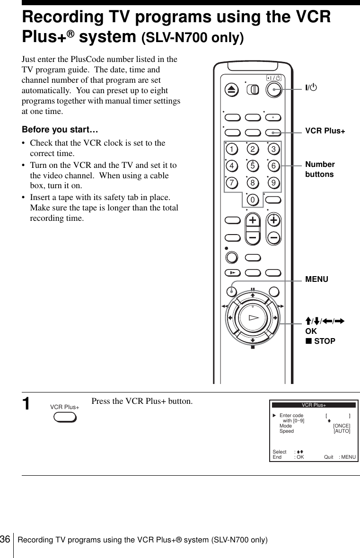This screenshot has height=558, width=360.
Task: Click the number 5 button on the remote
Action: (253, 166)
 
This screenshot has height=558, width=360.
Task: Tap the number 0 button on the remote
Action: (253, 200)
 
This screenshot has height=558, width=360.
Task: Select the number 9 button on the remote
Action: (273, 183)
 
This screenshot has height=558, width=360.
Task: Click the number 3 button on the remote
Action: (273, 150)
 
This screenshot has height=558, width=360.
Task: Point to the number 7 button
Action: (232, 183)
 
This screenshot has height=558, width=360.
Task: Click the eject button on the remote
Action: (233, 90)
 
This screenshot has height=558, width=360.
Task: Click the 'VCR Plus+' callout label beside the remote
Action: (325, 131)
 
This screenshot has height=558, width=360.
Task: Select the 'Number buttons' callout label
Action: (320, 169)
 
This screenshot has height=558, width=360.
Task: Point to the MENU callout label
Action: (316, 279)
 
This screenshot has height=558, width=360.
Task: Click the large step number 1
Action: (28, 404)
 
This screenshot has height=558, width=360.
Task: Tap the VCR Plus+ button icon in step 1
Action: (65, 418)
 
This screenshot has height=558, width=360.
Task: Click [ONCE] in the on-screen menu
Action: (342, 426)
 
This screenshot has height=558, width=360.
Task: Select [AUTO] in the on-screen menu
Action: (342, 431)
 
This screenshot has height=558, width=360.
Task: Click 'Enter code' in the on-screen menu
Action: (291, 416)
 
